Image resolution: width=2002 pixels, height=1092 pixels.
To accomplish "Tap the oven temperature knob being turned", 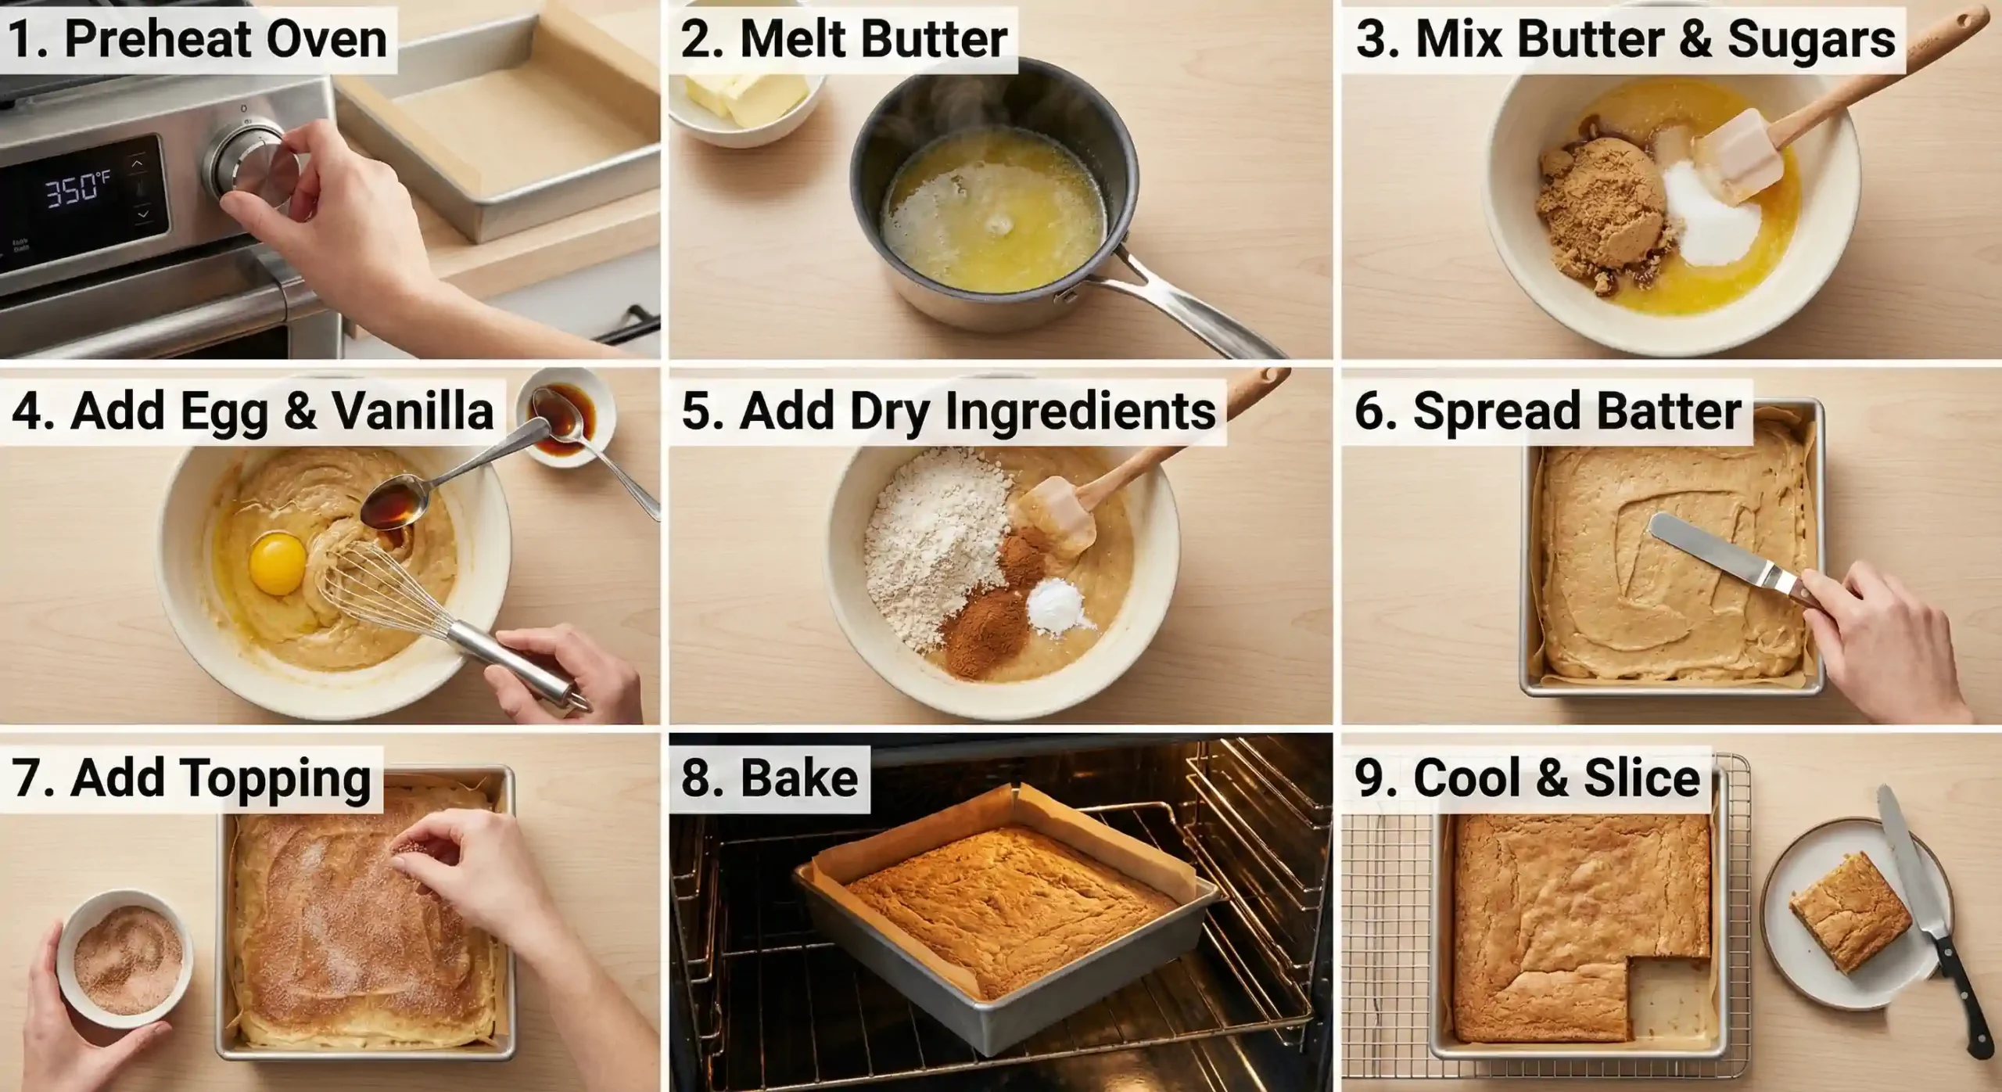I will (250, 160).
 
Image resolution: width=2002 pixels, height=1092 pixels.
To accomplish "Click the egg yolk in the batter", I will (278, 562).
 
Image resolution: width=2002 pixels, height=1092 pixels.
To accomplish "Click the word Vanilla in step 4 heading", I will (412, 411).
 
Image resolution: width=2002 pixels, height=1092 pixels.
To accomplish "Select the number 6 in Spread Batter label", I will (1369, 411).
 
